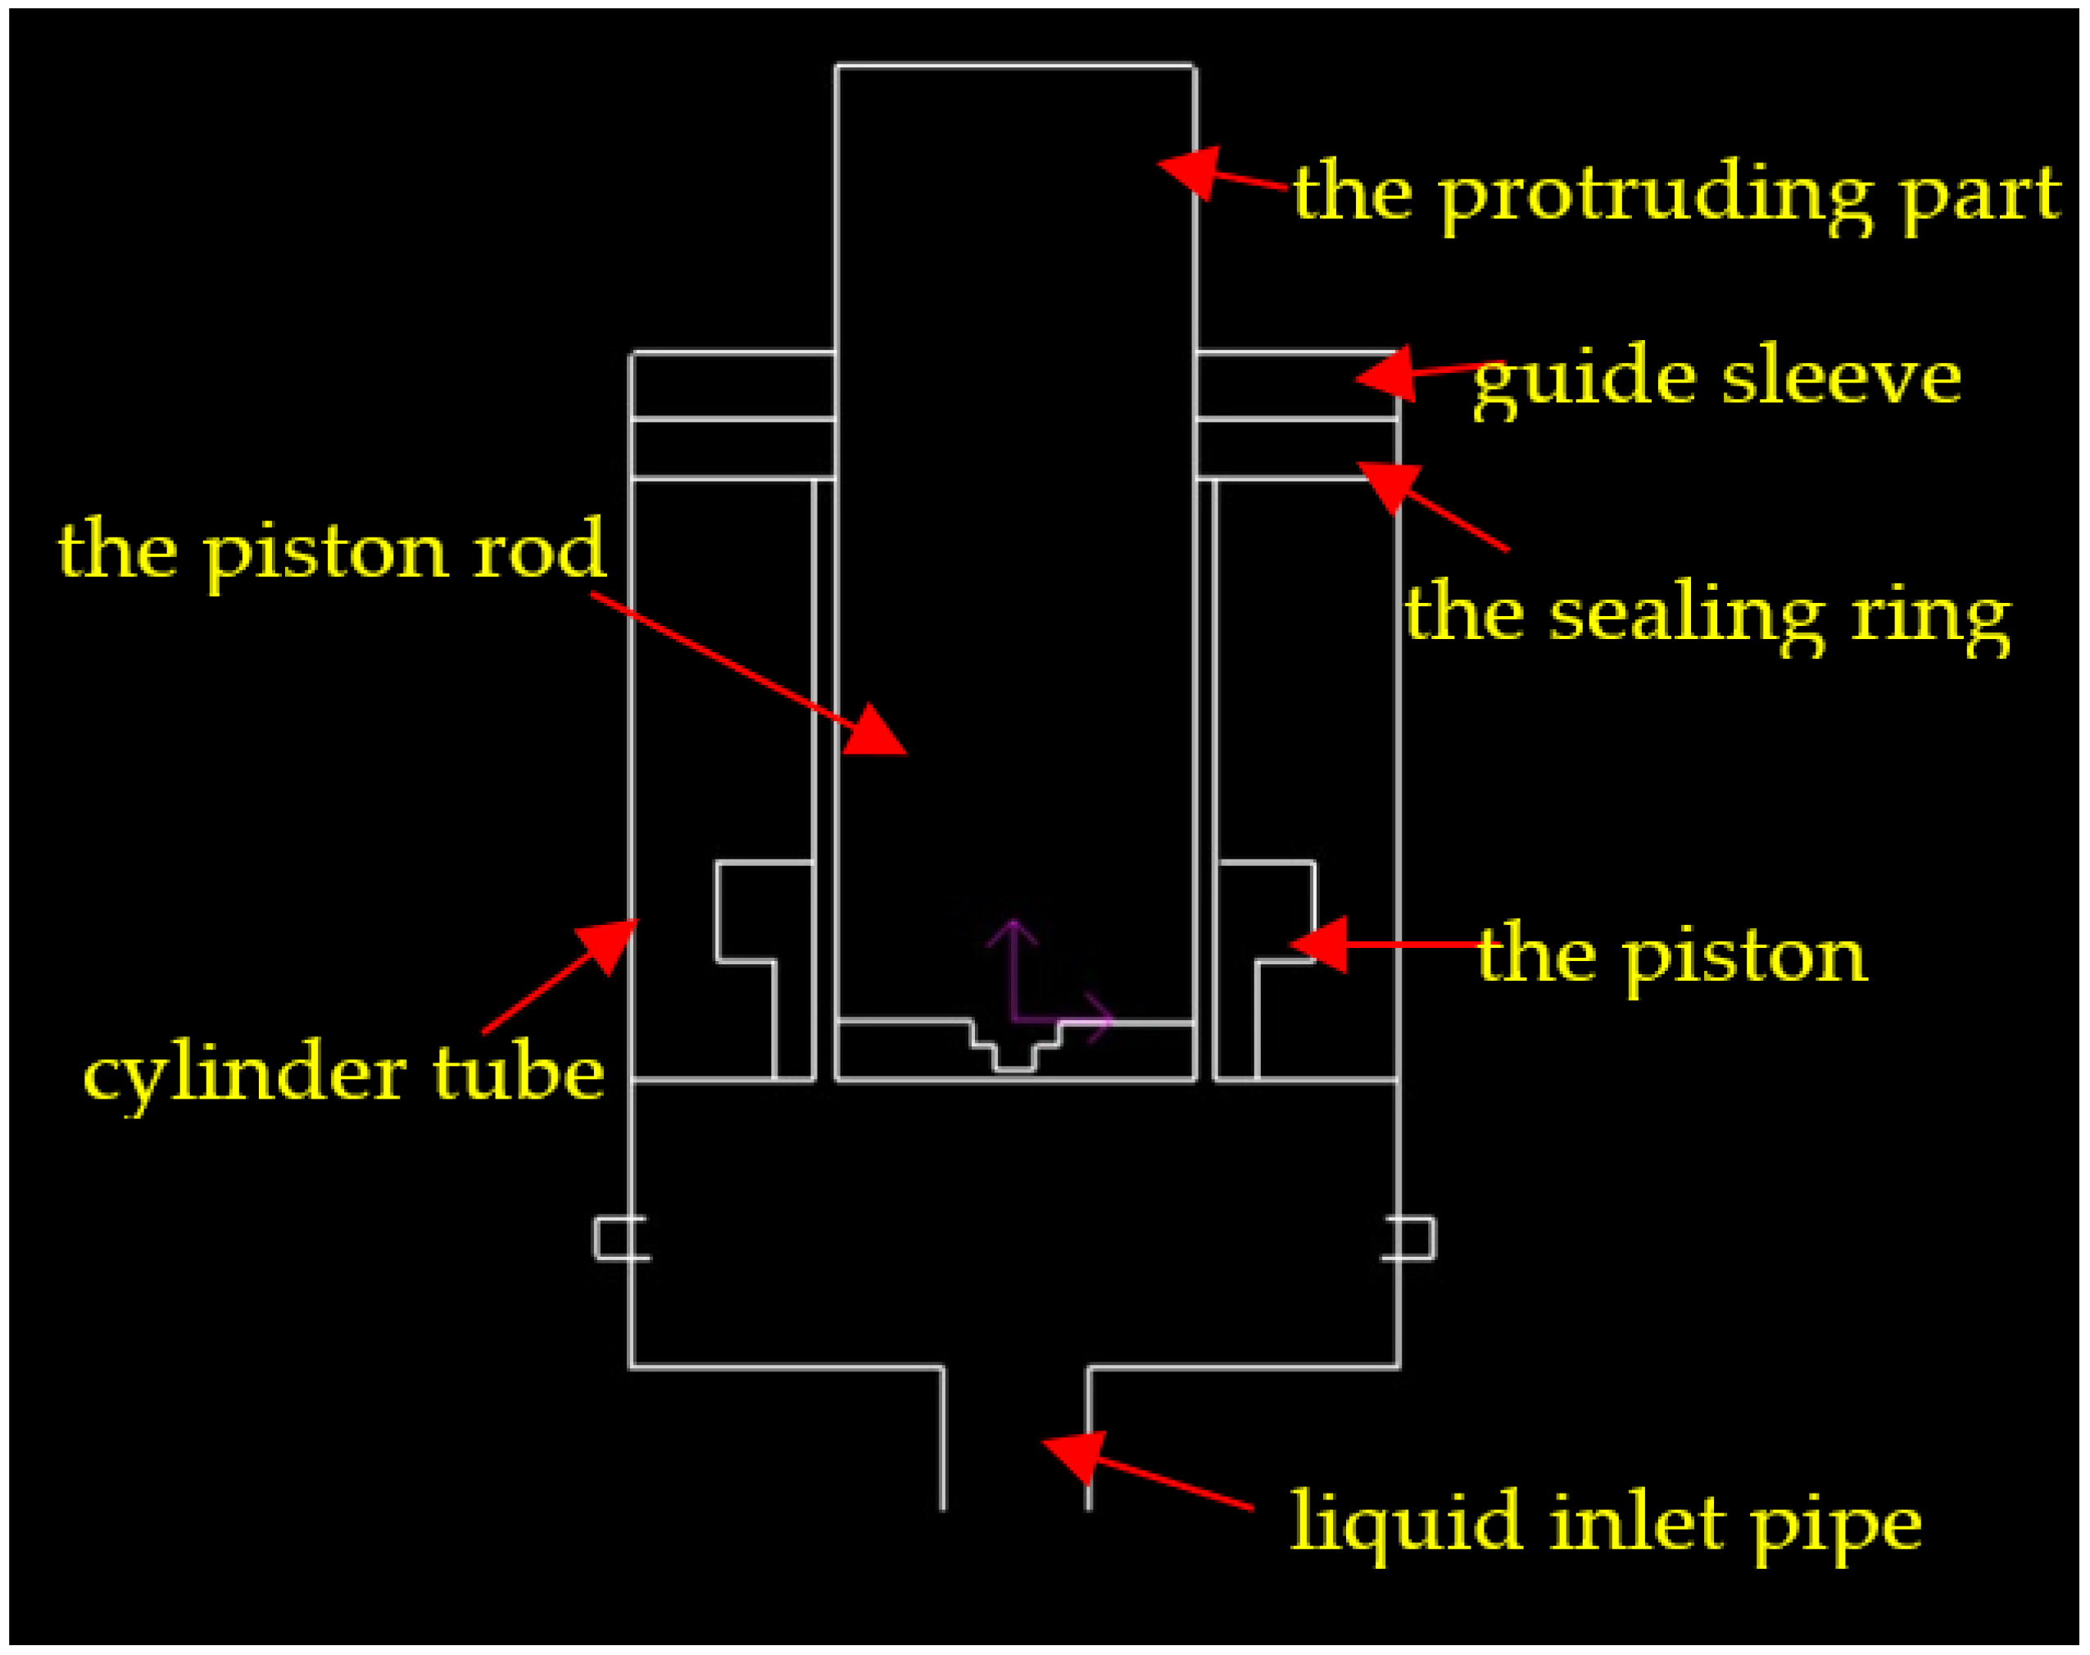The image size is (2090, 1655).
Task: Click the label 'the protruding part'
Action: (1676, 194)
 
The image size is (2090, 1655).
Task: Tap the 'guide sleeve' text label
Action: (1716, 377)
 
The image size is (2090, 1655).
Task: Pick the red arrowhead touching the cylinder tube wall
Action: (609, 945)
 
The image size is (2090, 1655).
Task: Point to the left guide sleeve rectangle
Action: (732, 386)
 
